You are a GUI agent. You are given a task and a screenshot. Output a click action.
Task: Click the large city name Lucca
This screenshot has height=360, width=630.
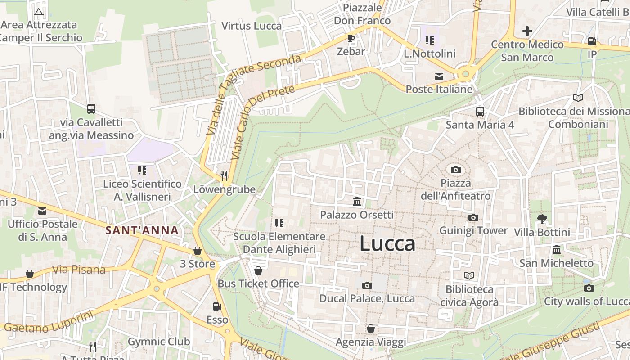click(x=387, y=243)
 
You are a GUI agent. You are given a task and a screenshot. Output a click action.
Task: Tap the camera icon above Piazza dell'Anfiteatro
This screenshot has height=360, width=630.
click(x=456, y=170)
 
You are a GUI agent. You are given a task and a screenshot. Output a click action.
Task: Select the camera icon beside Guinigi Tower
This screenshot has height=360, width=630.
click(x=473, y=218)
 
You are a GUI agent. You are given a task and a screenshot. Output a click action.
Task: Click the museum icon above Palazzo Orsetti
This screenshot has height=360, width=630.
click(x=357, y=201)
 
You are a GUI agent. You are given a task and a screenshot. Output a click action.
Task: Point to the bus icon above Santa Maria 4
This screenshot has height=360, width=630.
click(x=480, y=111)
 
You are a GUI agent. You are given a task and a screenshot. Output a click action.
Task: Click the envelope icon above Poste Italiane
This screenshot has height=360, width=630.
click(x=439, y=76)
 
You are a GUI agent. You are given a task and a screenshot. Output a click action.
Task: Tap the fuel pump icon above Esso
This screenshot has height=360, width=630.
click(x=217, y=306)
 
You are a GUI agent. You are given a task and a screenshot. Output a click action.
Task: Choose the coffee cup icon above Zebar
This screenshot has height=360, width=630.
click(x=351, y=38)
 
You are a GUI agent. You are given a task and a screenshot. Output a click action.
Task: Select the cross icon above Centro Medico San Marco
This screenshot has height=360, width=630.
click(x=527, y=31)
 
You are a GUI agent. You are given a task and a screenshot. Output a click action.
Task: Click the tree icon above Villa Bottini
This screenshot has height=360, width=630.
click(x=542, y=219)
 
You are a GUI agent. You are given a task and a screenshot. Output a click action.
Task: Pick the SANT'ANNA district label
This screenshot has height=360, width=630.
click(x=142, y=231)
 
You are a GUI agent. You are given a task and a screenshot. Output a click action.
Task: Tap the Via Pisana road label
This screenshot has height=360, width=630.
click(x=79, y=270)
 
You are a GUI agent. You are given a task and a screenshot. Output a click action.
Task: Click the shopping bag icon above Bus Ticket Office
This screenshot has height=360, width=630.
click(x=258, y=270)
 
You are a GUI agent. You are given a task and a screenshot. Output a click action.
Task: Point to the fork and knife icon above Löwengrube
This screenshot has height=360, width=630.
click(x=224, y=175)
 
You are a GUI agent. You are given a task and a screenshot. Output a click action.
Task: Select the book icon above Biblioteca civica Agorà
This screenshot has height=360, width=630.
click(x=469, y=275)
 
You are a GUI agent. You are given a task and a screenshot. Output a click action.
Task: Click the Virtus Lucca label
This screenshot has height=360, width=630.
click(x=252, y=26)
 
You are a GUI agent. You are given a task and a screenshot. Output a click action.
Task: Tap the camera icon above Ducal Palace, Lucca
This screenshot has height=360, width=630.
click(x=367, y=285)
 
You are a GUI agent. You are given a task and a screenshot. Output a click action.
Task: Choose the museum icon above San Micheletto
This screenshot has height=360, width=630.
click(x=557, y=249)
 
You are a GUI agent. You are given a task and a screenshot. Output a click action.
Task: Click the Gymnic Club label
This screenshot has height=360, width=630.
click(x=159, y=342)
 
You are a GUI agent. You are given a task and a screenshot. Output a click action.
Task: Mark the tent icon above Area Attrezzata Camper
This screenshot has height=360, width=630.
click(x=39, y=12)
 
